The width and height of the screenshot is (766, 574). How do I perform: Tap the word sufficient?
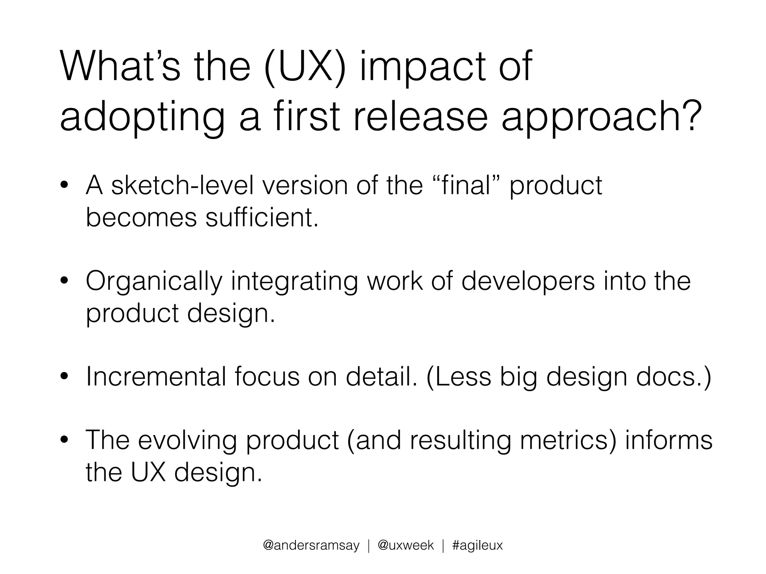261,217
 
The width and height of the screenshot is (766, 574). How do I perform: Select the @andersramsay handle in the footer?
311,545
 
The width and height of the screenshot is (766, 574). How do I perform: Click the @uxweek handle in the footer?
405,545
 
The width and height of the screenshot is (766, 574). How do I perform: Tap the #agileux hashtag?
477,545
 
